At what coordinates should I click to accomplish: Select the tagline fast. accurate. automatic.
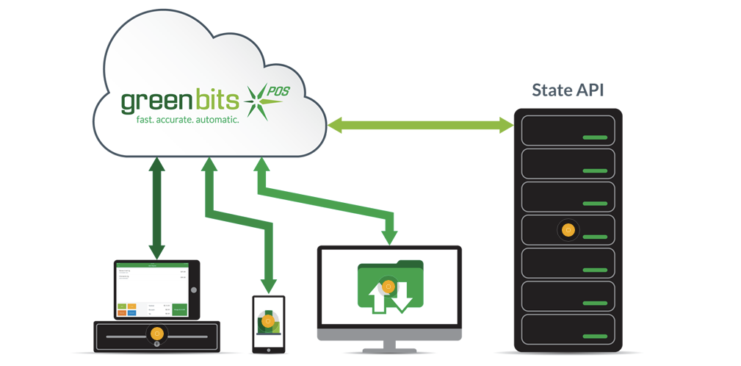click(189, 118)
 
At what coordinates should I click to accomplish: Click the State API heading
click(568, 90)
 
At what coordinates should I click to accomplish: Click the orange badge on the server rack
click(568, 230)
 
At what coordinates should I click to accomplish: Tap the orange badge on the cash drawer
click(156, 334)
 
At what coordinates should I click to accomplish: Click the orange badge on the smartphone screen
click(269, 321)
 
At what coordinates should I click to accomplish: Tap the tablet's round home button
click(194, 290)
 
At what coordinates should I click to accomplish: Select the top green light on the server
click(595, 137)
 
